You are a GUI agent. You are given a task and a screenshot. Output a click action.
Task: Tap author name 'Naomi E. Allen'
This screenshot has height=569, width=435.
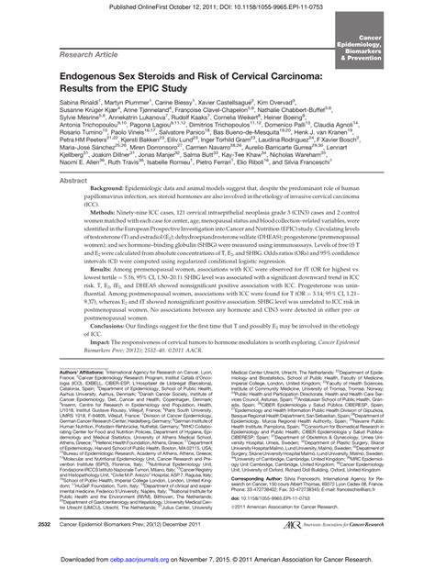pyautogui.click(x=56, y=208)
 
